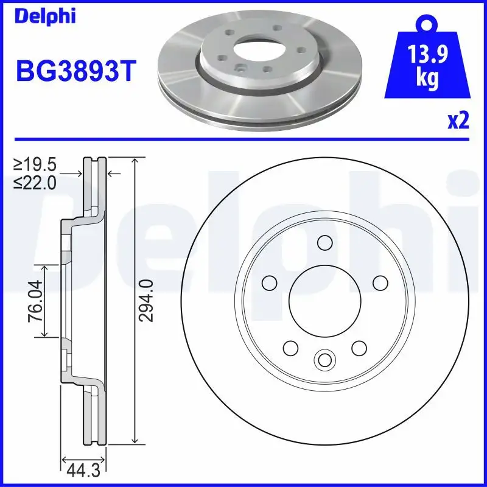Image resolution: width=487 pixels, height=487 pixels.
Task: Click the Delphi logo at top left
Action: [x=45, y=16]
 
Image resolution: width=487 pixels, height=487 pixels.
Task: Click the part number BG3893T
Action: [x=73, y=72]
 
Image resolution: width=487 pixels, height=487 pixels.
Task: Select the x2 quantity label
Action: [x=458, y=121]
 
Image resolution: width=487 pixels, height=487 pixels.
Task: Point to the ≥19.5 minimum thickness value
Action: [x=37, y=164]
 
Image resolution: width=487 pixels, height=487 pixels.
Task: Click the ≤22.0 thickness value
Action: [x=37, y=181]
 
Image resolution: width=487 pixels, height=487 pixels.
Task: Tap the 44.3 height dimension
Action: [x=83, y=469]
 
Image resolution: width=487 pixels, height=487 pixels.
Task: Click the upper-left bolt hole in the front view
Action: [x=268, y=283]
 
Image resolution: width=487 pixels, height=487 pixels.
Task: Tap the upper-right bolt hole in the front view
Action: [x=380, y=283]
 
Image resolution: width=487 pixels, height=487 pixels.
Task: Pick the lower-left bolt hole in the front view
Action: [x=290, y=348]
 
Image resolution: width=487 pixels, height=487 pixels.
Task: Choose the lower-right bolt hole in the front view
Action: [x=359, y=348]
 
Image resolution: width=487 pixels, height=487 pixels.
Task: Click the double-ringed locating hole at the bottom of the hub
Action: [x=324, y=359]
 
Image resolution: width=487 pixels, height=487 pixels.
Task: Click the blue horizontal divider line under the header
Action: [x=243, y=139]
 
